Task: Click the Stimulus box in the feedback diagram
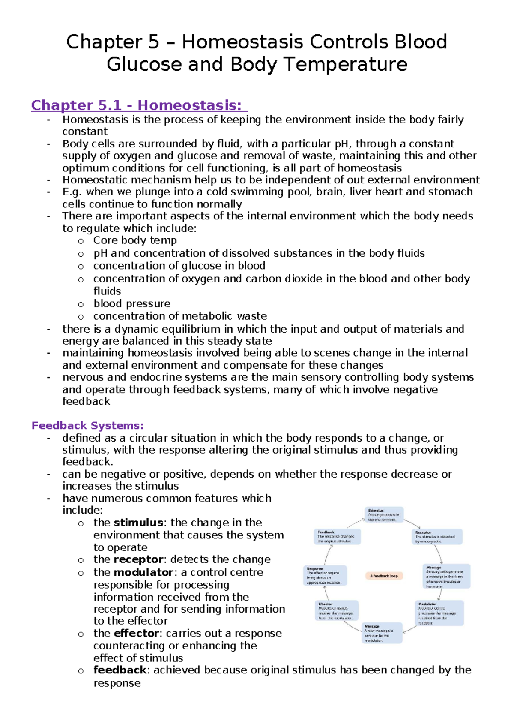[384, 515]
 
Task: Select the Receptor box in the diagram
[437, 537]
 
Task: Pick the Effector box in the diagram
[337, 610]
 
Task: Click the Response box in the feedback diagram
[325, 575]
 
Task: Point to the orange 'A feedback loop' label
[384, 576]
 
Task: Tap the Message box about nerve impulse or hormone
[446, 576]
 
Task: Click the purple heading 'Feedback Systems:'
[87, 425]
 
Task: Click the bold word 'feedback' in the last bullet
[120, 670]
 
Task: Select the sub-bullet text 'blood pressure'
[132, 303]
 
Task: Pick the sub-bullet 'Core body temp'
[135, 240]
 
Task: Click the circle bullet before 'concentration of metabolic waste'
[81, 317]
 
